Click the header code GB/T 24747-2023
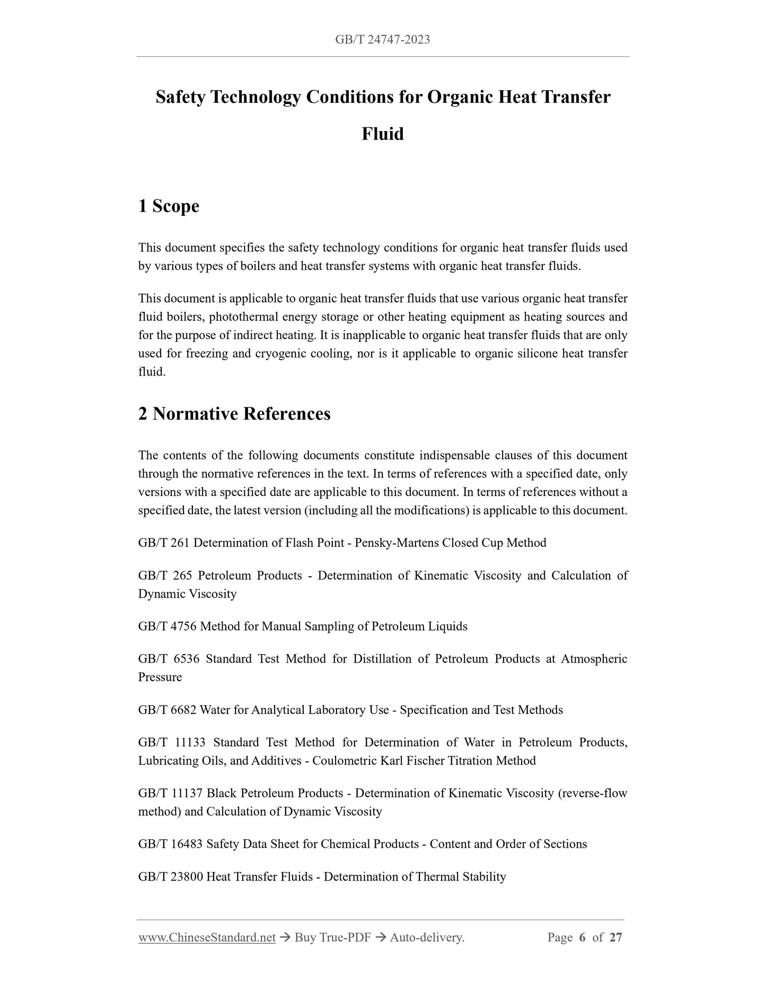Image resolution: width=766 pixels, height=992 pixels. [382, 39]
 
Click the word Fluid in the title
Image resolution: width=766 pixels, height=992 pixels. [383, 134]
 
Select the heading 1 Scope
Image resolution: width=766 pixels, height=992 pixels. [169, 206]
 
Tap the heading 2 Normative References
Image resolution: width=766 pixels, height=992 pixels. [234, 414]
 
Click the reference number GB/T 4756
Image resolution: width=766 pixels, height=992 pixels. [168, 626]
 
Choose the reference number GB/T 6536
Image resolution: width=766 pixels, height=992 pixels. [169, 659]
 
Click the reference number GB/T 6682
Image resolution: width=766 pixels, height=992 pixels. [168, 710]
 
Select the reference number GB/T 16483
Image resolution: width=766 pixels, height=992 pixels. [171, 844]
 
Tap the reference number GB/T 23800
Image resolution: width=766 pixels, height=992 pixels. [171, 877]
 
